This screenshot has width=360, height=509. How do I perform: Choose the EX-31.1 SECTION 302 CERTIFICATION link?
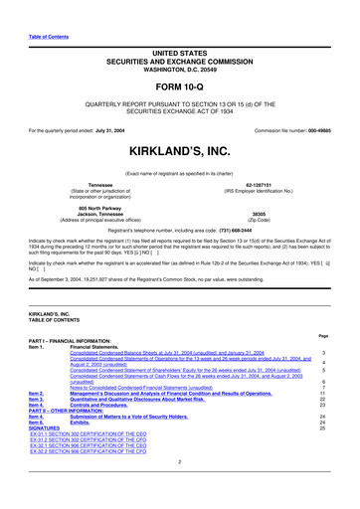pos(89,435)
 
